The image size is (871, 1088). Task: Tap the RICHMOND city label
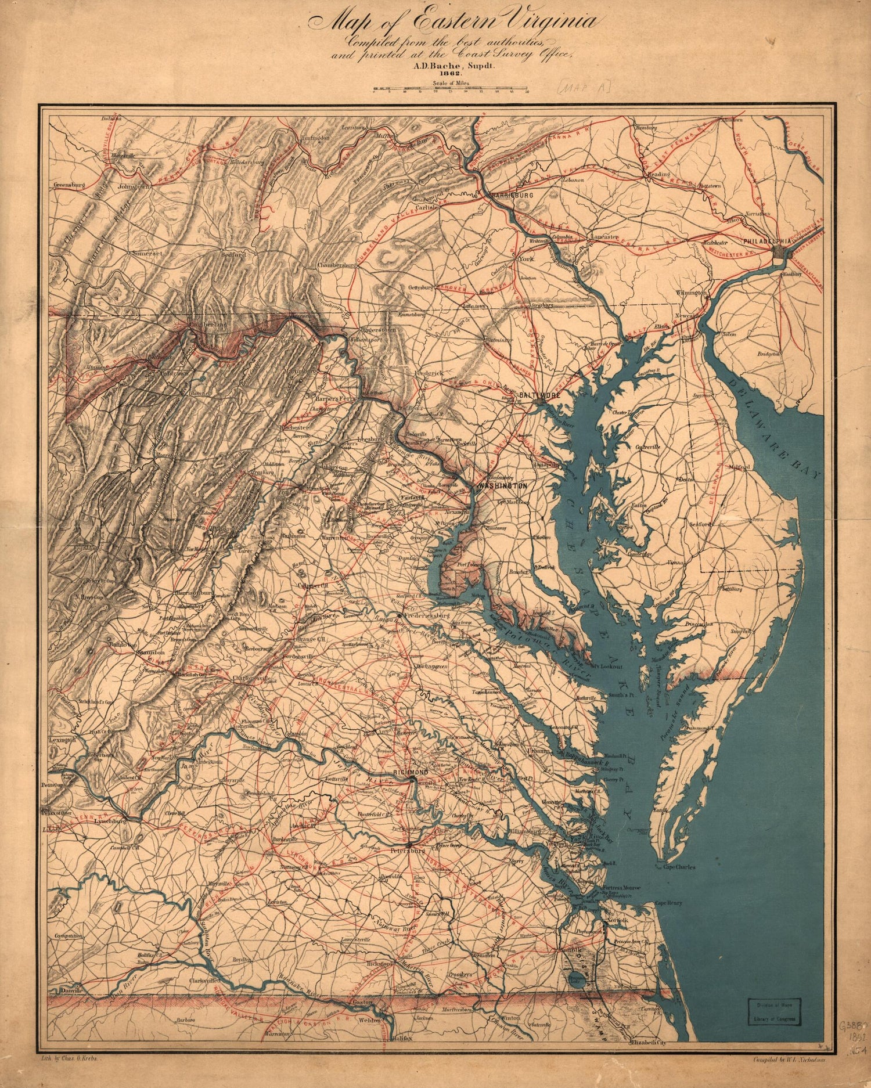[x=411, y=772]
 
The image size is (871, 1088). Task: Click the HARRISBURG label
[x=512, y=196]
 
